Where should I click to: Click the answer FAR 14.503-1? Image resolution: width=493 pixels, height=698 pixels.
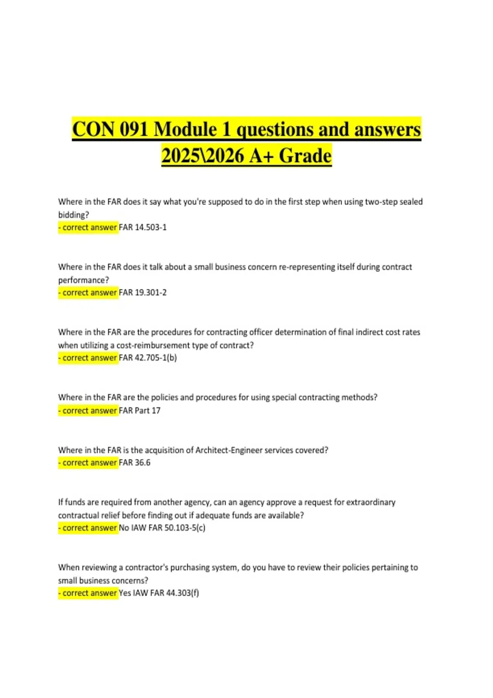coord(143,227)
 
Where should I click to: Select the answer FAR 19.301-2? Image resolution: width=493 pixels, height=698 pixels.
coord(143,293)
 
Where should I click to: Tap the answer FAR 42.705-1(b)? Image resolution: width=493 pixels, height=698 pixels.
coord(148,358)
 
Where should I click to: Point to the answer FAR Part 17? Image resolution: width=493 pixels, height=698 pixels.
coord(140,411)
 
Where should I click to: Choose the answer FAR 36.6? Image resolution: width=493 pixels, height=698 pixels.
coord(135,463)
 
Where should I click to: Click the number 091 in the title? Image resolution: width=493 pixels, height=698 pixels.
coord(134,129)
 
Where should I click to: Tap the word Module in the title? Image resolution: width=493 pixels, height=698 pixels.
coord(186,129)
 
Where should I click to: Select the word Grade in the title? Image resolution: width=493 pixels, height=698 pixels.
coord(305,156)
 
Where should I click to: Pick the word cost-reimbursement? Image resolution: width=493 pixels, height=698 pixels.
coord(152,345)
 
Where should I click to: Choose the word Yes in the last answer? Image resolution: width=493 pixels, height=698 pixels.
coord(125,593)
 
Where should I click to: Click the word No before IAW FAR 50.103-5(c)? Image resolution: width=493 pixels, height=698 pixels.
coord(124,528)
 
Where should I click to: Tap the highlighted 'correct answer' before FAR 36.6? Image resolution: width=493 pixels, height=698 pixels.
coord(88,463)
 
